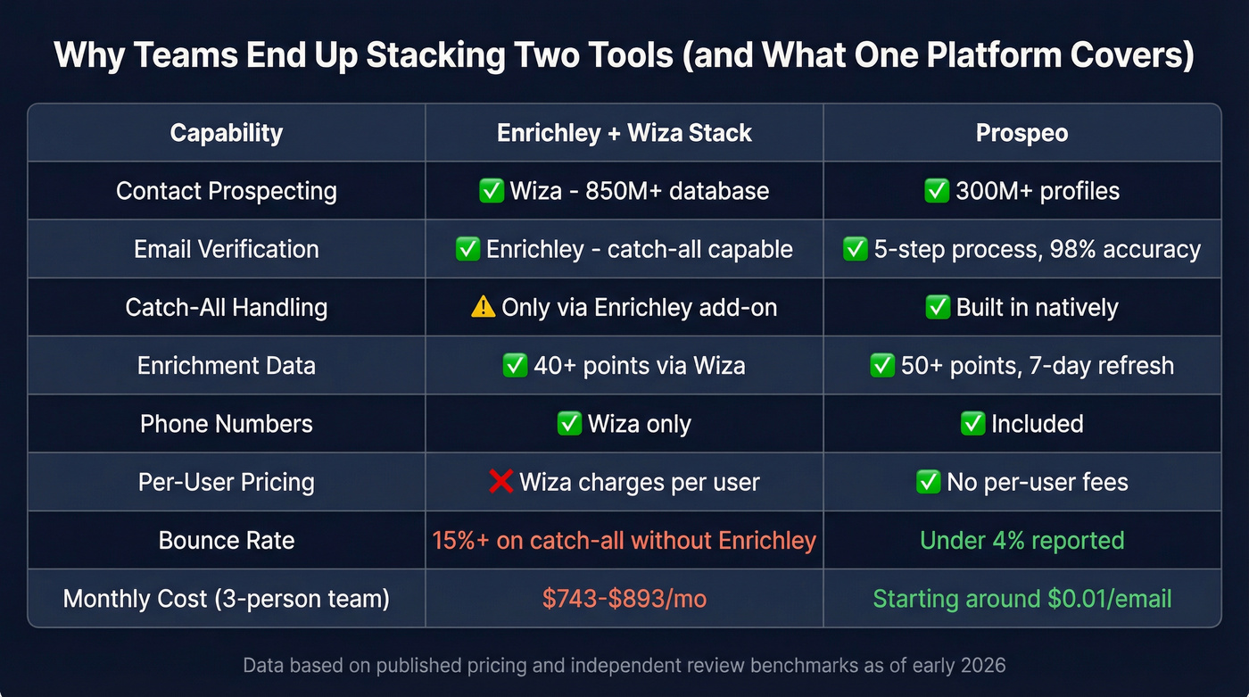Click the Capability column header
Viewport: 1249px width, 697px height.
[226, 133]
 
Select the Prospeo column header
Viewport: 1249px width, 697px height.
[1022, 133]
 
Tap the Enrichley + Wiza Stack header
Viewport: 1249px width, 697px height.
[624, 133]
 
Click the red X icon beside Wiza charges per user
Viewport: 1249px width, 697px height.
[501, 482]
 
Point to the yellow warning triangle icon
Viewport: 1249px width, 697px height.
[483, 307]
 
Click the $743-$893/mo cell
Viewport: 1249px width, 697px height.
[624, 598]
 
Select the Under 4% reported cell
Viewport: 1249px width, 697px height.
[1022, 540]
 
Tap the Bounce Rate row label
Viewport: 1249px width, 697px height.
[226, 540]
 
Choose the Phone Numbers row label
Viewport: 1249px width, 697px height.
[226, 423]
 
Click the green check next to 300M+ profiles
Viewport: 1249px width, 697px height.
[936, 191]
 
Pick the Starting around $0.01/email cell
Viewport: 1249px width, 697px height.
[1022, 598]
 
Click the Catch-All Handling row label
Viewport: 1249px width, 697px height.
[226, 307]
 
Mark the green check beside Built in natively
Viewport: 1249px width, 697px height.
[937, 307]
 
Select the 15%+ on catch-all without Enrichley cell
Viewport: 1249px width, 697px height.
[624, 540]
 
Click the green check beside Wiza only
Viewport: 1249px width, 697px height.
[568, 423]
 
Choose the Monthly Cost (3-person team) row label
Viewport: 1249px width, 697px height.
[226, 598]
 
